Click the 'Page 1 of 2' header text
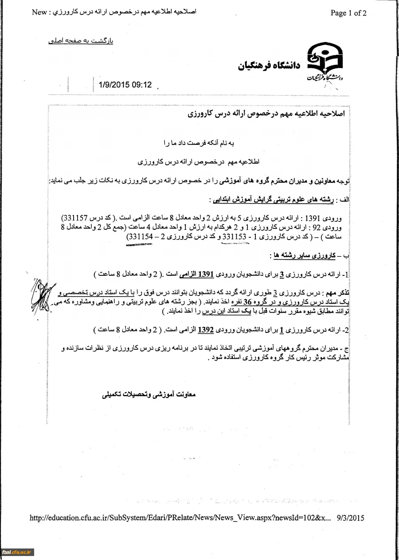348,13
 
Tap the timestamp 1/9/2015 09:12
122,85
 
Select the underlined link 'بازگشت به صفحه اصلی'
81,41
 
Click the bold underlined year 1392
205,330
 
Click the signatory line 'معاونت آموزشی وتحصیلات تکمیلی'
149,394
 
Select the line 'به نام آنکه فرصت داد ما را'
199,143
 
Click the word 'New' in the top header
39,12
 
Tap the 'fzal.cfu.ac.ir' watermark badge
17,552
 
